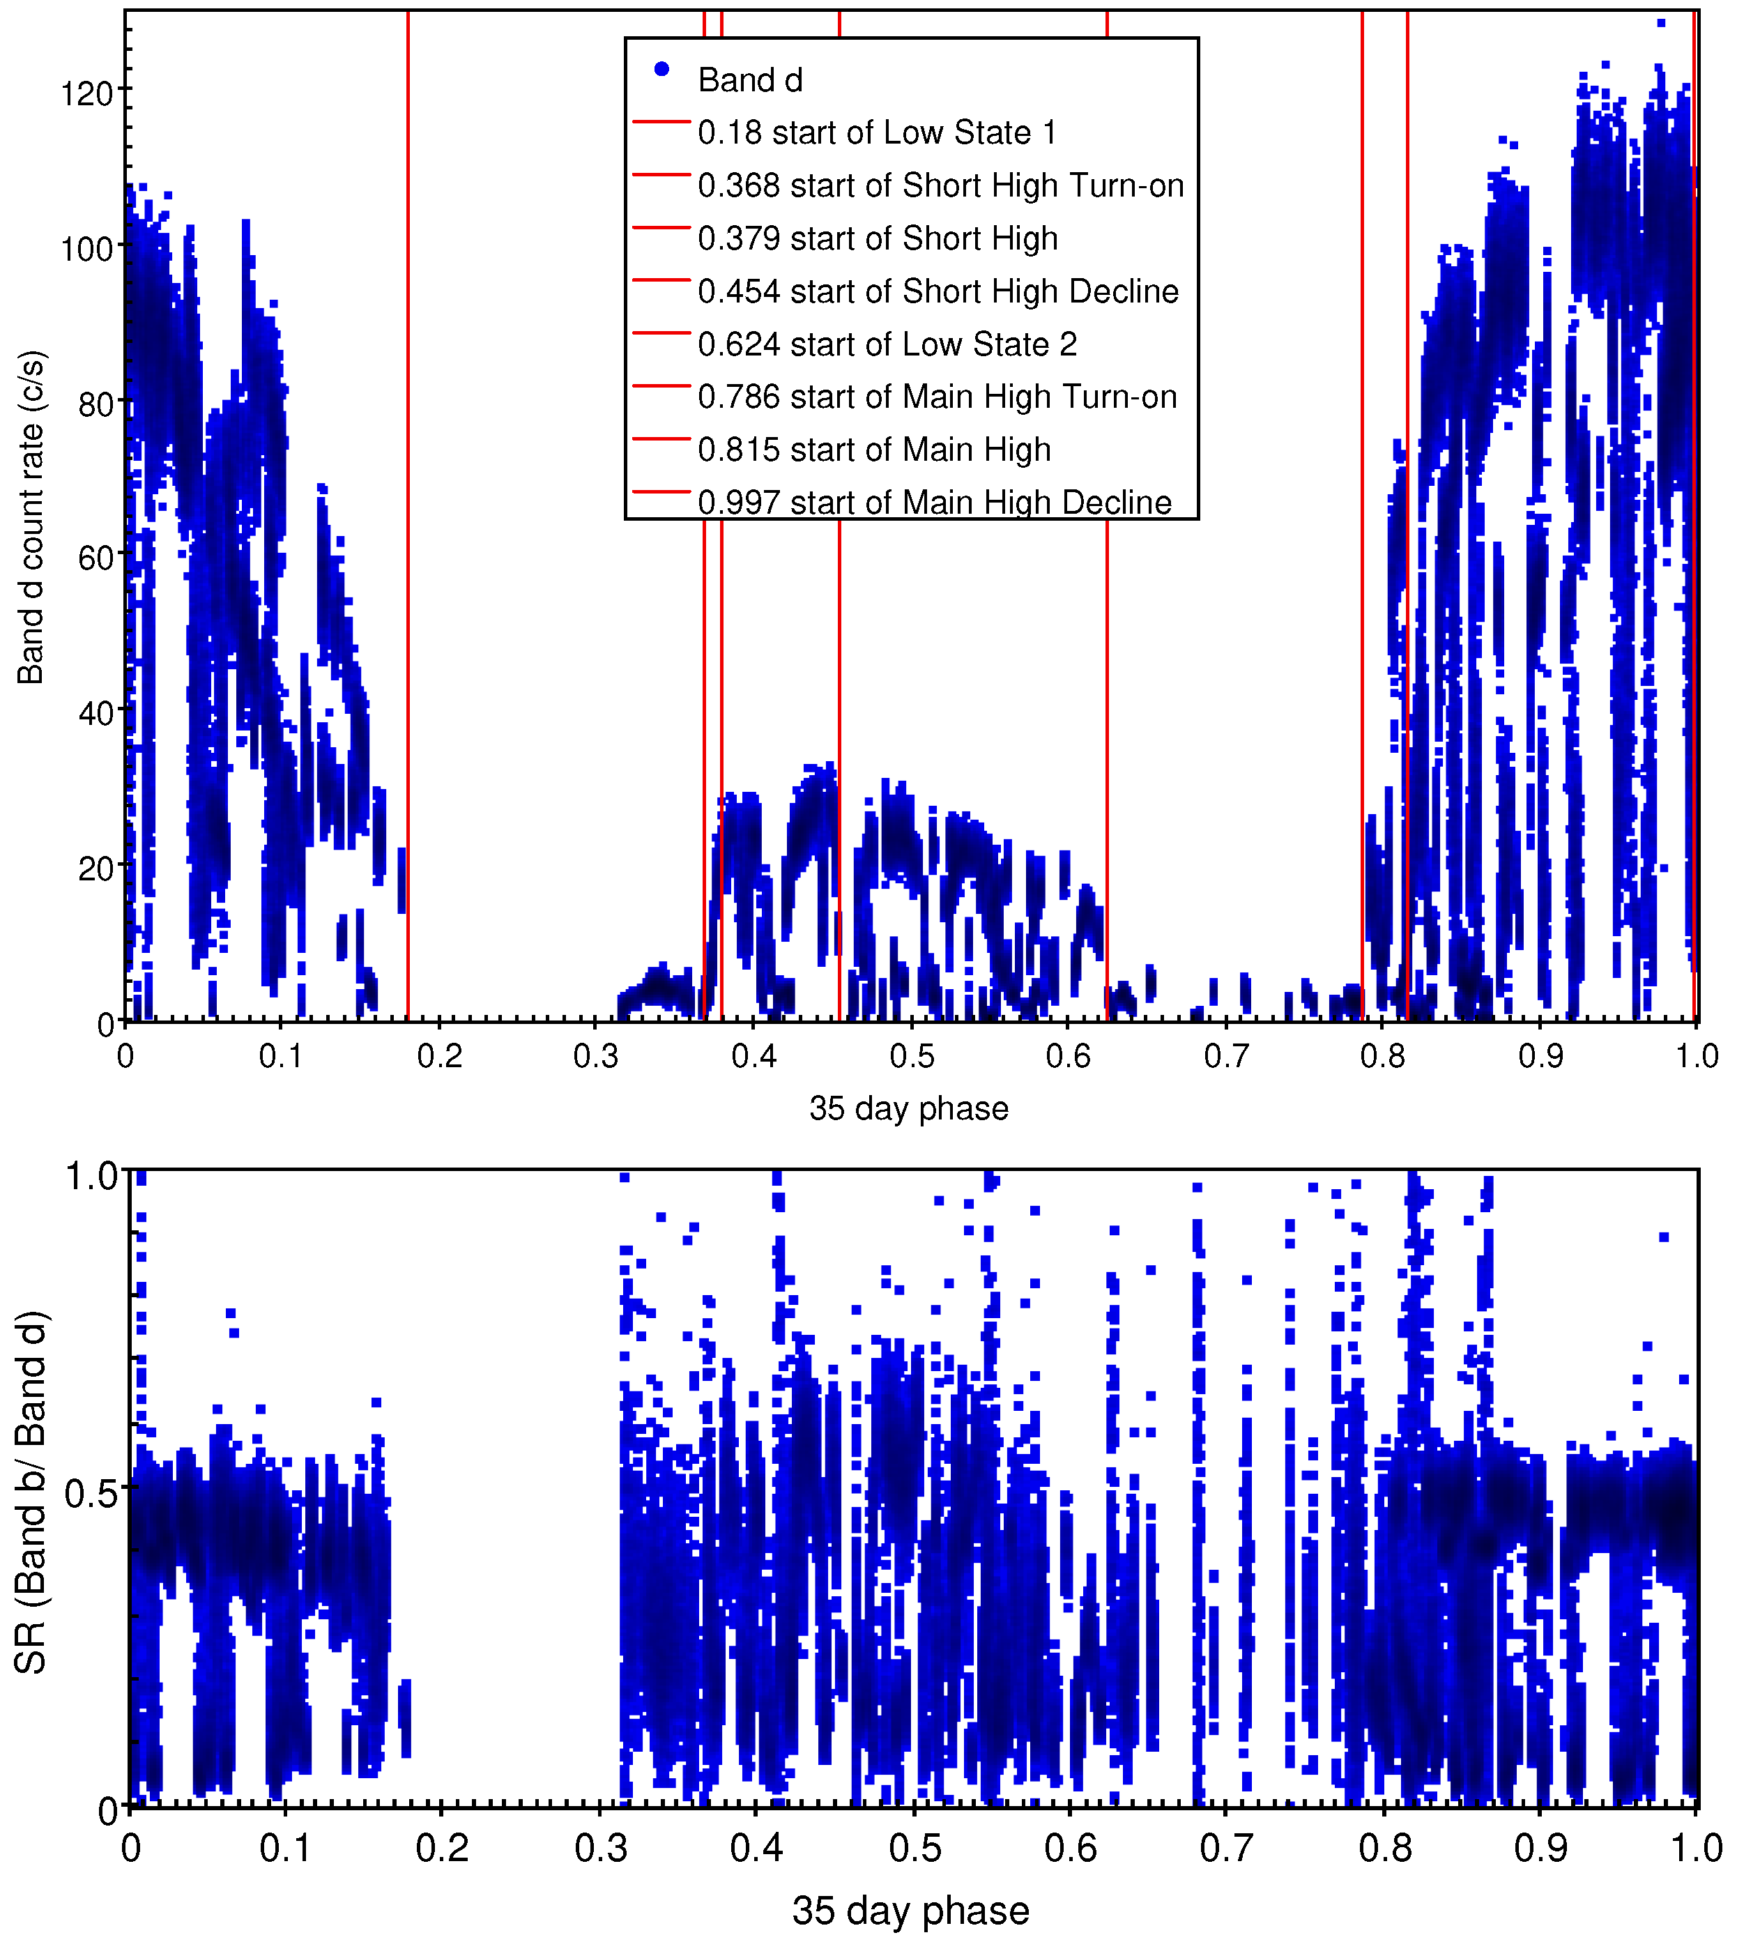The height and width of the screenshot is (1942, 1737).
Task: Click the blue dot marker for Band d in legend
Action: pos(661,69)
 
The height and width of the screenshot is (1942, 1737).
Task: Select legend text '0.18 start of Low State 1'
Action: pos(876,132)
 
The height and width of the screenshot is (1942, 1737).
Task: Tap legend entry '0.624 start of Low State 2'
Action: pos(887,344)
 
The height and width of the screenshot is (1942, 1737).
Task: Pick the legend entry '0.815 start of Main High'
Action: pos(873,450)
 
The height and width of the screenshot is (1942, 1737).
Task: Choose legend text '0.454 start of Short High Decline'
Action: pos(938,291)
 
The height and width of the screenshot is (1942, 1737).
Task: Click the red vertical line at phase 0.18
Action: pos(408,572)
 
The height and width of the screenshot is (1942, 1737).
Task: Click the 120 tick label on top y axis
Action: pos(87,93)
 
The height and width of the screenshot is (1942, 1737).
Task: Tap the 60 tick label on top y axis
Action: pos(95,558)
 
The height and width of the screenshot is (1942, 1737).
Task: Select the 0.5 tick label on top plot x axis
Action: pos(912,1057)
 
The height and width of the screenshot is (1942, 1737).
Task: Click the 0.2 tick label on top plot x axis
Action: pos(440,1057)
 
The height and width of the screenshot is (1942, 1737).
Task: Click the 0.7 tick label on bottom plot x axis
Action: pos(1226,1849)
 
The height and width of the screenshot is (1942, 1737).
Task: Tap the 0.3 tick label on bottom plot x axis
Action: pos(602,1849)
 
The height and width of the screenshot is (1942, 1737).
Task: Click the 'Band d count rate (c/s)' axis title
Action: pos(31,517)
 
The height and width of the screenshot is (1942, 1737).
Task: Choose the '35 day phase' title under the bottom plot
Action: pos(910,1911)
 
